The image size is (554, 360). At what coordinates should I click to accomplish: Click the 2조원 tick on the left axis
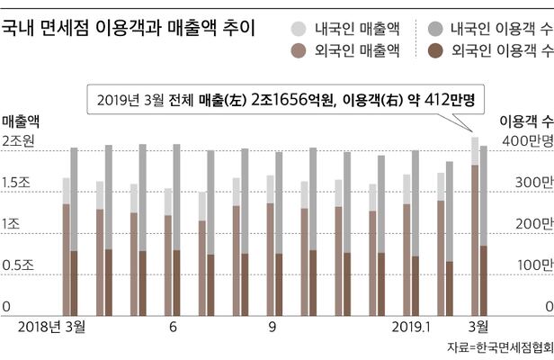[19, 141]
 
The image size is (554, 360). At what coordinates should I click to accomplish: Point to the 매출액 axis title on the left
[21, 120]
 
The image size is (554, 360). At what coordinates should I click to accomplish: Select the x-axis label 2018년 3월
[51, 326]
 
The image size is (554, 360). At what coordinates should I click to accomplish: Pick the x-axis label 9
[273, 326]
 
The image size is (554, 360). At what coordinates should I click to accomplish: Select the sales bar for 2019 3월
[475, 225]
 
